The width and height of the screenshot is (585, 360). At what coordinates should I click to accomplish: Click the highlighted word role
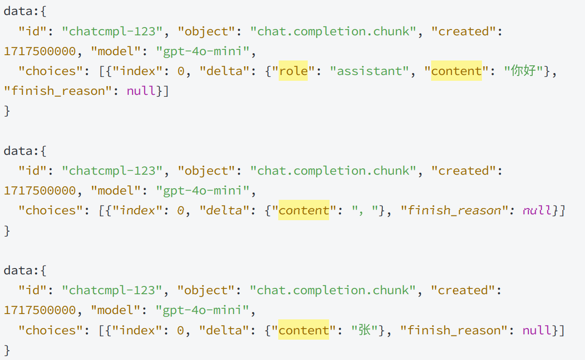click(293, 71)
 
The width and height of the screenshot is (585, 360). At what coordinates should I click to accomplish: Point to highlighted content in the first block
click(456, 71)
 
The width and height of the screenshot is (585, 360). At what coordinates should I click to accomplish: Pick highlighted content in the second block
click(304, 210)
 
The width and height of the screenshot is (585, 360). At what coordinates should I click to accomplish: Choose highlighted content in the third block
click(304, 330)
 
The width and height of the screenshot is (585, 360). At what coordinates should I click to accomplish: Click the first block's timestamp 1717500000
click(40, 51)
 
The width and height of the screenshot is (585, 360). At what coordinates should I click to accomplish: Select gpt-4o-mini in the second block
click(203, 191)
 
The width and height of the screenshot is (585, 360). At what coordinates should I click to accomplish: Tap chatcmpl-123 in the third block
click(112, 290)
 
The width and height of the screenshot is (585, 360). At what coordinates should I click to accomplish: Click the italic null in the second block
click(537, 210)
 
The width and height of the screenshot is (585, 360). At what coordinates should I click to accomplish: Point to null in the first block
click(141, 91)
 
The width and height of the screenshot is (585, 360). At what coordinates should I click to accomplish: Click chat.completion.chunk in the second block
click(333, 171)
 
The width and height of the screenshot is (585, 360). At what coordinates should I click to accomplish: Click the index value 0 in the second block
click(180, 210)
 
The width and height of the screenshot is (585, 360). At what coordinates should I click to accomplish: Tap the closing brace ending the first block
click(7, 111)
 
